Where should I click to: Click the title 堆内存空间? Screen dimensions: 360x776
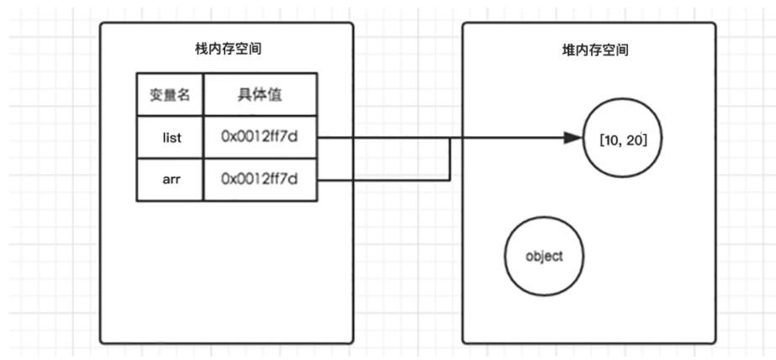pyautogui.click(x=589, y=50)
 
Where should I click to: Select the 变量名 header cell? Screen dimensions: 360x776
pyautogui.click(x=170, y=95)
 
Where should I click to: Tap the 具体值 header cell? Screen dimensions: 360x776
pyautogui.click(x=261, y=95)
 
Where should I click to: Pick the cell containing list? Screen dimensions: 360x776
pyautogui.click(x=170, y=137)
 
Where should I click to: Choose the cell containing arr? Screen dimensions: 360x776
pyautogui.click(x=170, y=179)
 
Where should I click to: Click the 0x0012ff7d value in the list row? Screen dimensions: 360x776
pyautogui.click(x=260, y=137)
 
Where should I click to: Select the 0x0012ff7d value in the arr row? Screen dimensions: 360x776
pyautogui.click(x=260, y=179)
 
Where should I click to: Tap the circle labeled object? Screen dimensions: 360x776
pyautogui.click(x=543, y=257)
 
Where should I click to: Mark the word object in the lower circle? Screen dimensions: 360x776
pyautogui.click(x=543, y=257)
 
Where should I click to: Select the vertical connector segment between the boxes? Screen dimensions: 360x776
pyautogui.click(x=451, y=159)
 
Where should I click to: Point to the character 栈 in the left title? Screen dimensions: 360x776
pyautogui.click(x=199, y=50)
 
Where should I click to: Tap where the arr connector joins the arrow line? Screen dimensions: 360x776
pyautogui.click(x=451, y=138)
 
